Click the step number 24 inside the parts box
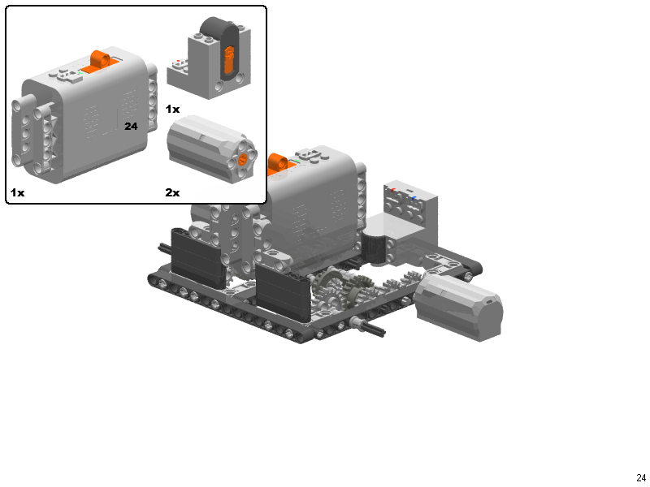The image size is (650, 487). tap(131, 126)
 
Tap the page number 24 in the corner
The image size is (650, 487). tap(641, 478)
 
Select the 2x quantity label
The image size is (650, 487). tap(172, 192)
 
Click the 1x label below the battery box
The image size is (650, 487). tap(17, 192)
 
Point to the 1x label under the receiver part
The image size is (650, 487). tap(172, 109)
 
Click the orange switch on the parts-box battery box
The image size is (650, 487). tap(99, 61)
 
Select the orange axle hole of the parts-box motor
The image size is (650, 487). tap(243, 157)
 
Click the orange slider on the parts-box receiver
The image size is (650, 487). tap(229, 58)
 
